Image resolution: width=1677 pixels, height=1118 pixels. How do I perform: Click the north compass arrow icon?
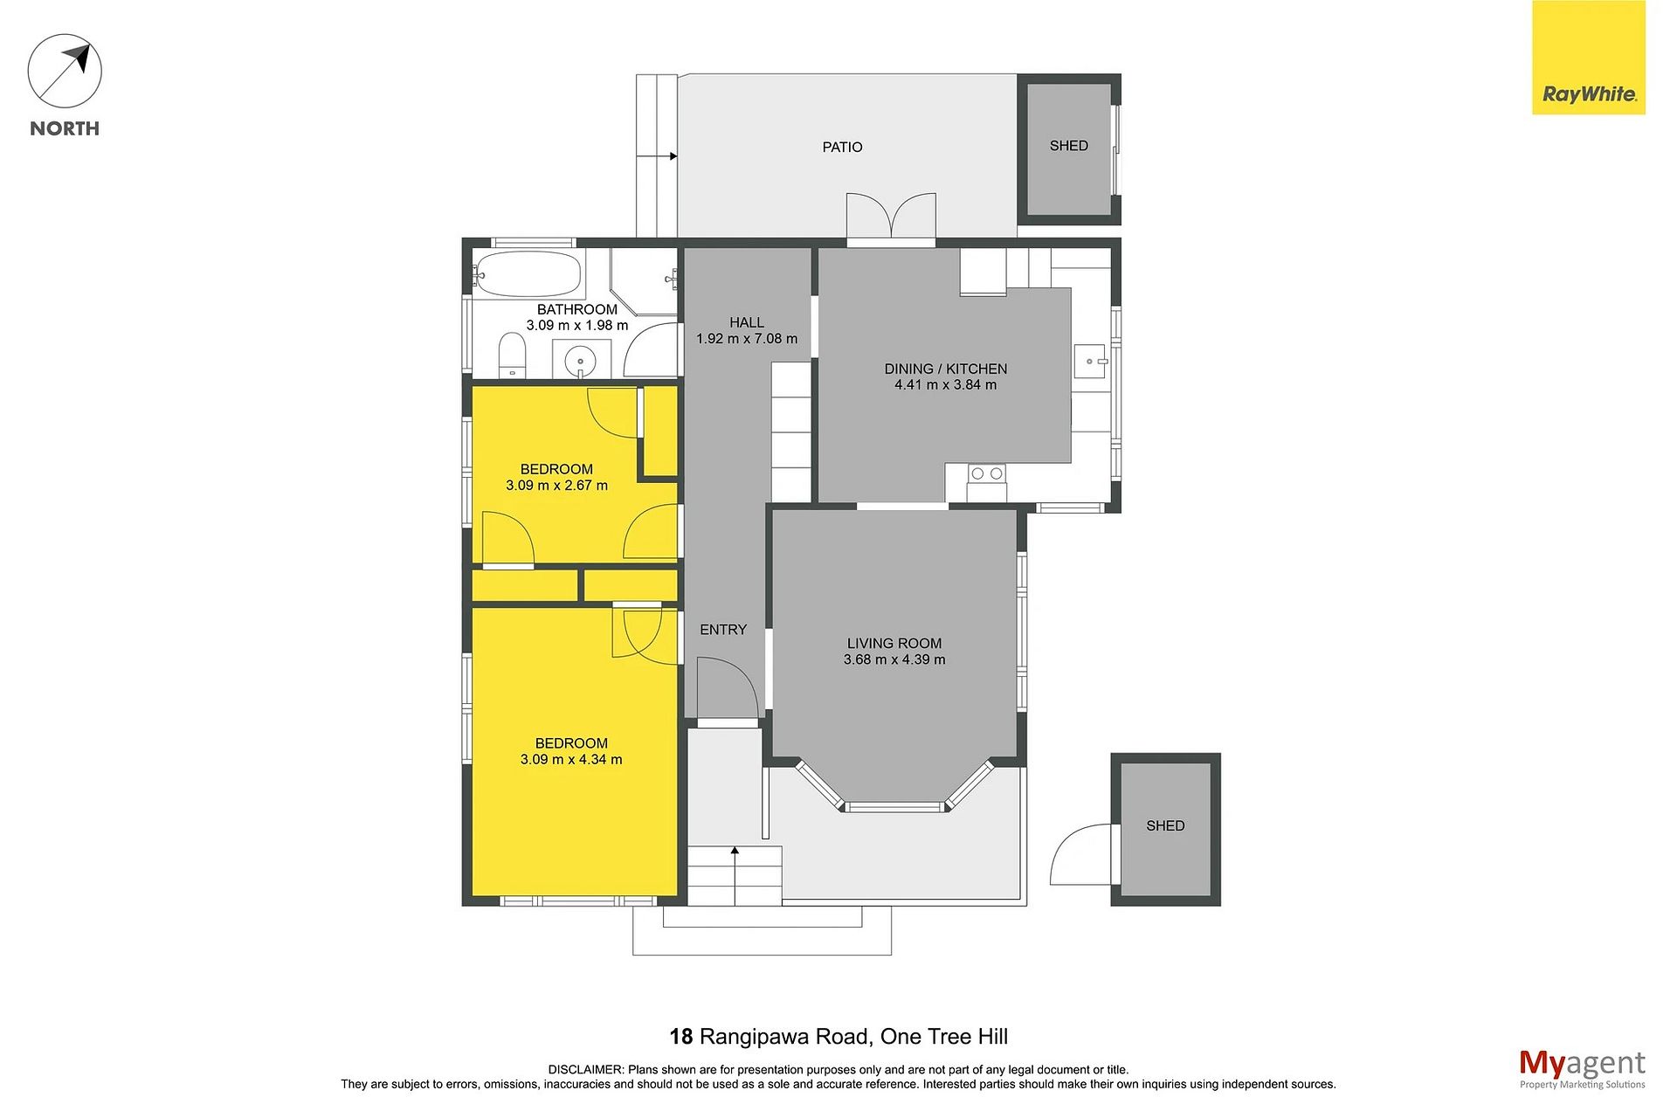(x=65, y=71)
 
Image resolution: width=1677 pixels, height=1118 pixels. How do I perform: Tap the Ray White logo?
(x=1588, y=58)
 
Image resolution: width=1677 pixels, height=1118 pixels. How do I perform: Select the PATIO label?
(x=842, y=147)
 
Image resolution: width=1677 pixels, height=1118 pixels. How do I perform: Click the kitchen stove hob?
(x=986, y=473)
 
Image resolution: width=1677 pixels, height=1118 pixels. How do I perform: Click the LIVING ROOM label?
(x=894, y=644)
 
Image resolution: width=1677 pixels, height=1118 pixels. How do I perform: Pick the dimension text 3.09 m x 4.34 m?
(x=571, y=760)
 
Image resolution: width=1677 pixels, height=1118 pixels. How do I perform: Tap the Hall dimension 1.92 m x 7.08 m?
(x=747, y=339)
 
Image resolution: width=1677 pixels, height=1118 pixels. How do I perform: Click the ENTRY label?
(x=723, y=630)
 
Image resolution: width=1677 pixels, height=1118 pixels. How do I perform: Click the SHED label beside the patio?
(x=1069, y=146)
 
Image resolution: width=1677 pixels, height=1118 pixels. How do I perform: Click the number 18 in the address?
(x=681, y=1037)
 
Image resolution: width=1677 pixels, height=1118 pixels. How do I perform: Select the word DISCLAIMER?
(x=585, y=1070)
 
